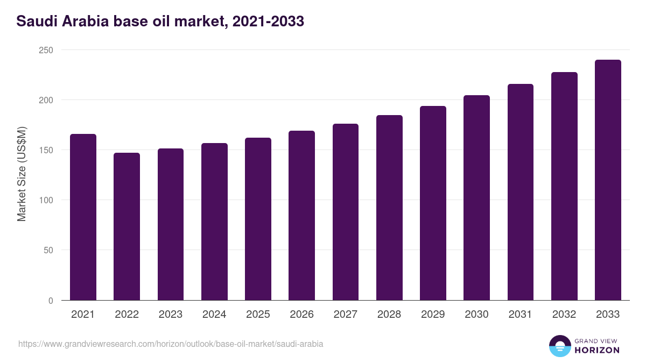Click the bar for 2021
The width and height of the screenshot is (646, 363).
tap(83, 217)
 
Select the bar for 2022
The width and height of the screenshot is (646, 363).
tap(127, 226)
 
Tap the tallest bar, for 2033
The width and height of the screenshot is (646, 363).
tap(608, 180)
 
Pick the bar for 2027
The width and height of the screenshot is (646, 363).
tap(346, 212)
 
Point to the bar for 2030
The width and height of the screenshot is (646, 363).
tap(476, 198)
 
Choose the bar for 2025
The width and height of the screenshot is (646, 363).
tap(258, 219)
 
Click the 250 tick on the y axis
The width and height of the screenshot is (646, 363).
tap(46, 50)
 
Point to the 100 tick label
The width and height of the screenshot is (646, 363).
tap(46, 200)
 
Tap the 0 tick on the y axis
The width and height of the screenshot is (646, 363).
tap(51, 301)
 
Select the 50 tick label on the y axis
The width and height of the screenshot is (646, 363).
tap(48, 250)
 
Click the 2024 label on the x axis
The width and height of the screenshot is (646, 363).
tap(214, 315)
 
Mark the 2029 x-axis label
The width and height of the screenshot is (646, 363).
tap(433, 315)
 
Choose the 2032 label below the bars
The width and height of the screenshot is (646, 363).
tap(564, 315)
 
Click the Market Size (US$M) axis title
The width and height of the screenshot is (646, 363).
tap(22, 173)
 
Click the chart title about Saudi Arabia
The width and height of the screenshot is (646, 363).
tap(160, 22)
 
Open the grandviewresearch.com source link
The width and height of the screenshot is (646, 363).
tap(171, 344)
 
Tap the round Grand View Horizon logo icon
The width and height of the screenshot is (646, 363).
tap(559, 346)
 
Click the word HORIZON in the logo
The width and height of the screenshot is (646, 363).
tap(597, 350)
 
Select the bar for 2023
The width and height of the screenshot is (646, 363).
tap(171, 224)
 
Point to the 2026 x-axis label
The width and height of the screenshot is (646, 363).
tap(301, 315)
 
